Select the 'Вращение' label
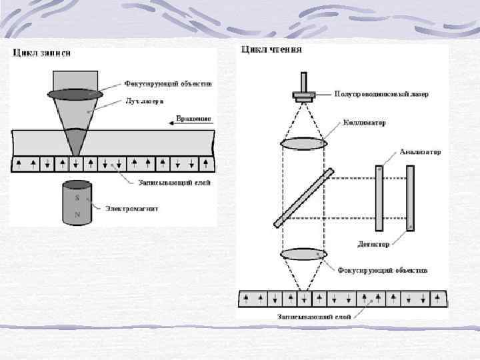point(194,119)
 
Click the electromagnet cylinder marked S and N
point(77,204)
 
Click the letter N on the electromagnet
point(77,214)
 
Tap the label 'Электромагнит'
point(133,209)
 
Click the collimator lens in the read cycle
point(303,143)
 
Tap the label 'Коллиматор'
point(365,123)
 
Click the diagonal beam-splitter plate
point(303,197)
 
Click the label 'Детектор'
point(373,245)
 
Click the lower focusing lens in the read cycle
point(303,255)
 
